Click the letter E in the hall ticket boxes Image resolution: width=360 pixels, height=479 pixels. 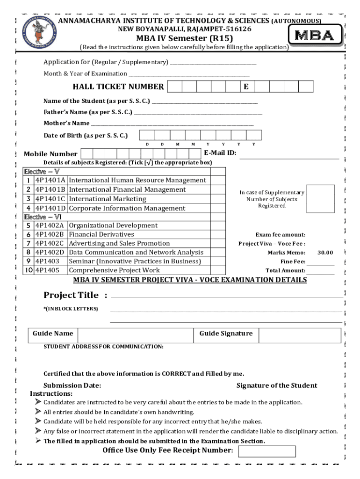point(246,87)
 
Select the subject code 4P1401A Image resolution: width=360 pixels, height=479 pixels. point(50,180)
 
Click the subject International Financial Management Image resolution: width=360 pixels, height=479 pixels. point(127,189)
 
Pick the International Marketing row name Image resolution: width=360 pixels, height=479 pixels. point(108,199)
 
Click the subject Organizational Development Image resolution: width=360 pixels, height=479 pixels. point(113,225)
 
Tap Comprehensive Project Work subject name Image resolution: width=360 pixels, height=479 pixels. point(114,270)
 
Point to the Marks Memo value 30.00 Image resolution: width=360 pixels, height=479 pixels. point(325,253)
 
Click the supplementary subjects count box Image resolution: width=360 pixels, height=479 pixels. point(321,199)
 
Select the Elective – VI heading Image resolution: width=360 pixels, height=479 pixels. point(43,217)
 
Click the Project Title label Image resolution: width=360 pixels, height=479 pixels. point(71,295)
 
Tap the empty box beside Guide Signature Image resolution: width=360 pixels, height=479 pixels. point(299,335)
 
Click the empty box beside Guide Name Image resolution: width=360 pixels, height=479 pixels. point(136,335)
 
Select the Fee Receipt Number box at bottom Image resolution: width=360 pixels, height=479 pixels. point(266,451)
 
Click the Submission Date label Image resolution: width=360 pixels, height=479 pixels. point(72,385)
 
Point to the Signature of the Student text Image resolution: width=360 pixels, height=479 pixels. point(276,385)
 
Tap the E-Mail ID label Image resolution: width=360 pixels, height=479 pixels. point(220,153)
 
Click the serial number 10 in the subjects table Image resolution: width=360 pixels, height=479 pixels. point(29,270)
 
